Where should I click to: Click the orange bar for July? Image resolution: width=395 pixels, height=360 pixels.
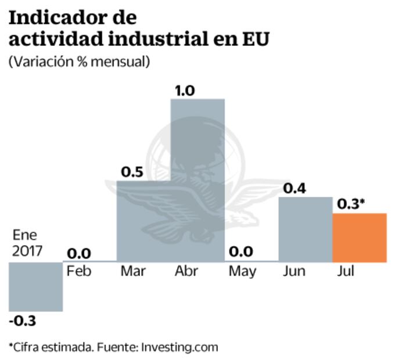click(359, 237)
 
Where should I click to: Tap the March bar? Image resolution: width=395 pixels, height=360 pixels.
click(143, 221)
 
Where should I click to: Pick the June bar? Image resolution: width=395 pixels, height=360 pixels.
click(305, 229)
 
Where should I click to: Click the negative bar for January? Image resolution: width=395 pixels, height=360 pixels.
click(35, 286)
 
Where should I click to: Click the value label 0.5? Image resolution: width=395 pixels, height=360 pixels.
click(133, 172)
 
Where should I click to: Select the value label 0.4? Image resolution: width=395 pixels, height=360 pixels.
click(295, 189)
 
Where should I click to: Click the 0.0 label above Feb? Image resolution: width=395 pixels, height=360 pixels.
click(79, 254)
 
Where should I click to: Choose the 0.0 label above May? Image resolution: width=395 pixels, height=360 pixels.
click(240, 253)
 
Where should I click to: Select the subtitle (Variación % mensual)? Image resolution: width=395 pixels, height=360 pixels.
click(79, 61)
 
